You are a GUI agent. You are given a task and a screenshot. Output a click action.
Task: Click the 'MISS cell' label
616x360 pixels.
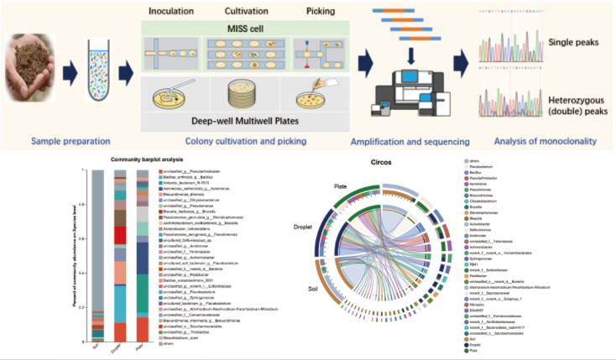(245, 30)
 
